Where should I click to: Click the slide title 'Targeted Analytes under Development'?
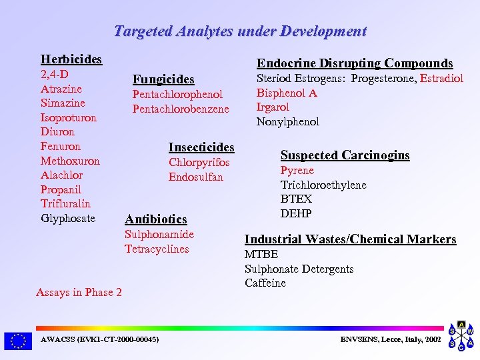[x=240, y=31]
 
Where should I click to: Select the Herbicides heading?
[x=71, y=59]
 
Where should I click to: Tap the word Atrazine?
[x=61, y=89]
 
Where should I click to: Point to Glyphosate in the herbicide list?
[x=68, y=218]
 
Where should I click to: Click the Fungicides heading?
[x=163, y=79]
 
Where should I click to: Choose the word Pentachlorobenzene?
[x=181, y=109]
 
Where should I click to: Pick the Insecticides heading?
[x=201, y=147]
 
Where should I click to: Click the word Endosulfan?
[x=196, y=177]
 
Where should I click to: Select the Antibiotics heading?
[x=156, y=219]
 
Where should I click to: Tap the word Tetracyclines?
[x=157, y=249]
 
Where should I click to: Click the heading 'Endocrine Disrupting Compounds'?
[x=355, y=63]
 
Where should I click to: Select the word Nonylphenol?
[x=288, y=121]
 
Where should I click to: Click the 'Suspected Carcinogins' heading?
[x=345, y=155]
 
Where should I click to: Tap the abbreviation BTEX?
[x=296, y=199]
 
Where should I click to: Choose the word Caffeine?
[x=265, y=283]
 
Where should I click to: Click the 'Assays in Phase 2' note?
[x=79, y=292]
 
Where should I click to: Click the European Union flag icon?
[x=17, y=341]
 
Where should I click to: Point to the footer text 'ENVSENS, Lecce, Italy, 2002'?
[x=390, y=339]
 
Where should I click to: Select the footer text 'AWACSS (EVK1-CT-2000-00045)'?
[x=100, y=339]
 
